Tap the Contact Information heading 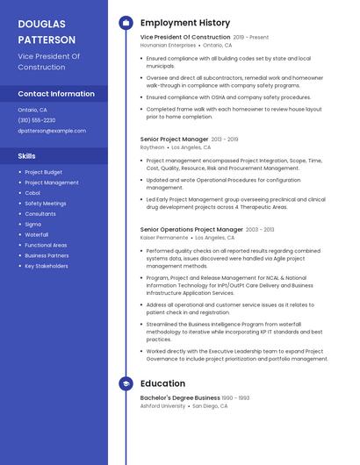56,94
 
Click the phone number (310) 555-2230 36,120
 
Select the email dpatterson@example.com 52,131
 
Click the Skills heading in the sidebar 27,156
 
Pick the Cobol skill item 32,193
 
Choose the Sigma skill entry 32,225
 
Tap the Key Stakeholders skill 46,266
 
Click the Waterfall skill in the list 37,235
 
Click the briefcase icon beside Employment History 126,23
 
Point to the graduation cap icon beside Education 126,383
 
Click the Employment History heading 185,23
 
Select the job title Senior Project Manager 174,139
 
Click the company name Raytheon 152,147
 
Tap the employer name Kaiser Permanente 164,238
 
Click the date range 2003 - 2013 260,229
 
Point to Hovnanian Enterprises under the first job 168,45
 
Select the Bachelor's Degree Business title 180,397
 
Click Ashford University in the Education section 162,406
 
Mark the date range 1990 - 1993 235,397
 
